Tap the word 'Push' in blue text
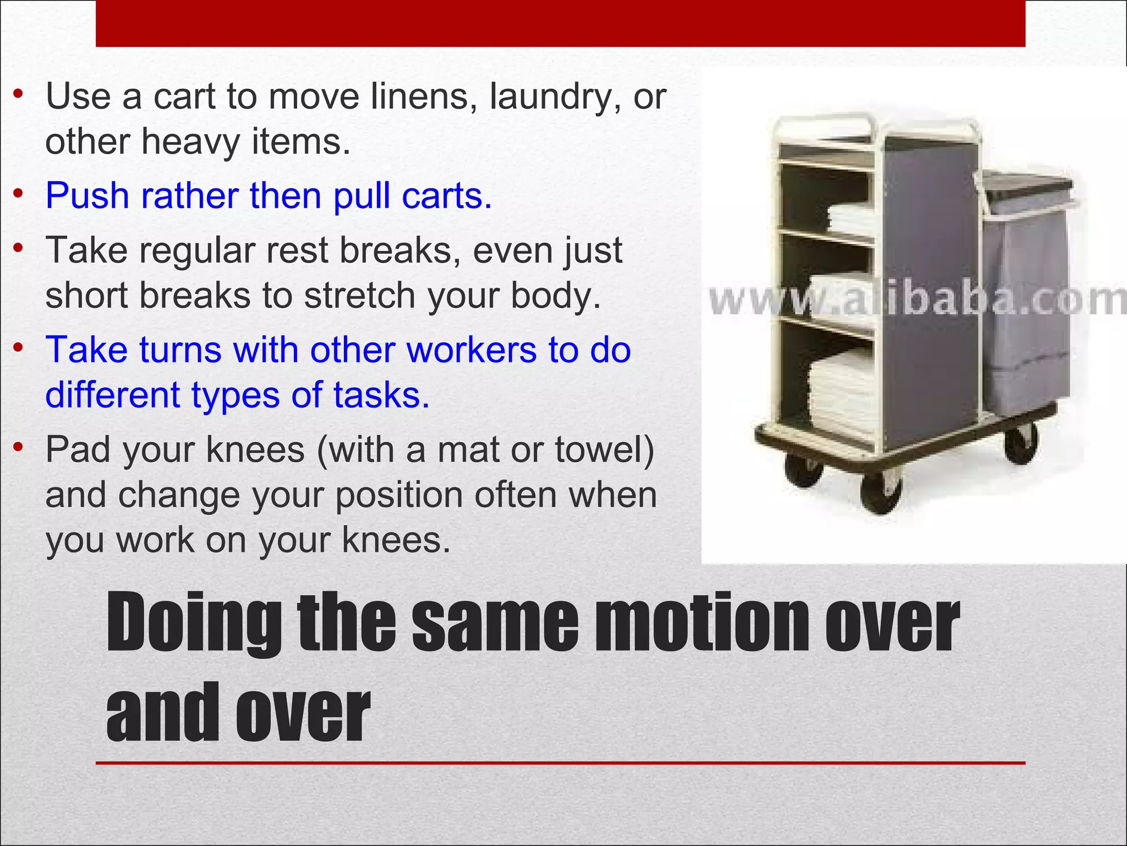click(88, 196)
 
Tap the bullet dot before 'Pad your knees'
click(19, 447)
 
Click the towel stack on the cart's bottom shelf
click(842, 394)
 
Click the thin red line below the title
click(560, 763)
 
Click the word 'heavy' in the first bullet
click(190, 142)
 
